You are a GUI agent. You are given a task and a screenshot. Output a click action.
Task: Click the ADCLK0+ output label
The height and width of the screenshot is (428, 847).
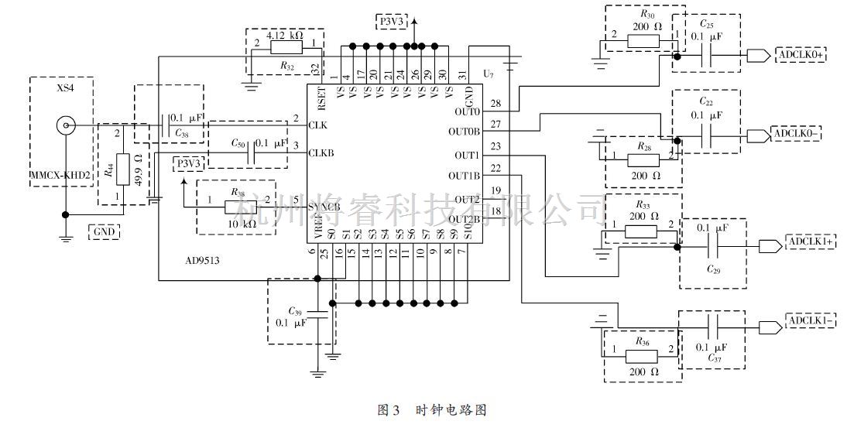click(x=799, y=56)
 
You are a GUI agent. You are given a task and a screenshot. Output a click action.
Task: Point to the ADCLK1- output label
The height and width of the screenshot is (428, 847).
click(x=811, y=321)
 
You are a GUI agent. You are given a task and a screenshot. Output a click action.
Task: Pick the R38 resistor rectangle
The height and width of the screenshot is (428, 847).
click(x=241, y=207)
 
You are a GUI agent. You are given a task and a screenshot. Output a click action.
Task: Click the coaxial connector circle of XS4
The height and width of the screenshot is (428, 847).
click(x=67, y=125)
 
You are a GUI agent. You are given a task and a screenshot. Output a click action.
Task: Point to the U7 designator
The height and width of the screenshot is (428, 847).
click(x=487, y=74)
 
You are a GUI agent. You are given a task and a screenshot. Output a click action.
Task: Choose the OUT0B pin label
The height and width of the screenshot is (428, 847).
click(x=464, y=131)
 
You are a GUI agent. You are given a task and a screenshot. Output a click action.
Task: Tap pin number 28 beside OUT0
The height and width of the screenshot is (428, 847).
click(x=495, y=103)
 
